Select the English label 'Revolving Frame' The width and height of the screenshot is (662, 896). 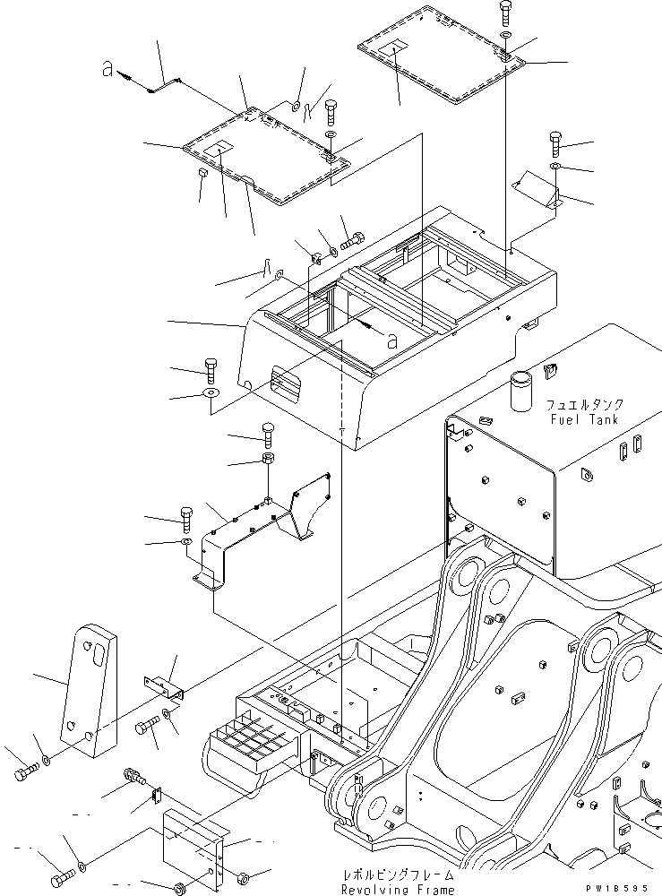click(x=397, y=889)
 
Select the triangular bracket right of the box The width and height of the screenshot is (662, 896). click(x=539, y=191)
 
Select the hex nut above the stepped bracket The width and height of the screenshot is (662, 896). click(x=268, y=459)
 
